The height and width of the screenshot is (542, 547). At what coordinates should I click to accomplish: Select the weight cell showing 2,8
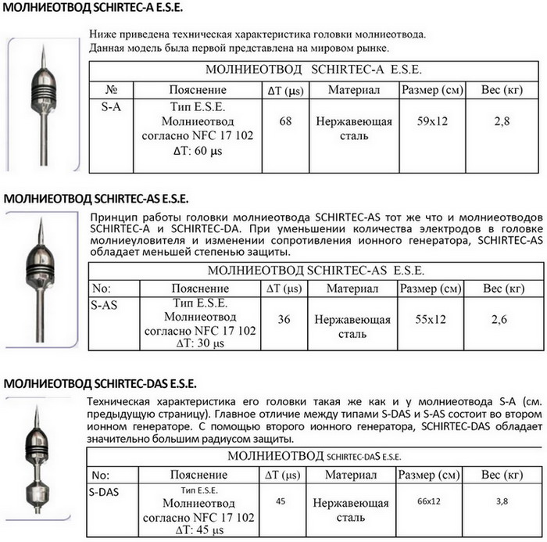tap(500, 122)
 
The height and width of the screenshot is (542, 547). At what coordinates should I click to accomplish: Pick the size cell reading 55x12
tap(430, 319)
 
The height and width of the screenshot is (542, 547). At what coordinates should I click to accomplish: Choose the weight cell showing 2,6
tap(500, 319)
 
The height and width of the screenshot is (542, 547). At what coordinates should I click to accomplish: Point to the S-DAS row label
tap(108, 492)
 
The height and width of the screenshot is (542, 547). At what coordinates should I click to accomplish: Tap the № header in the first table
tap(111, 91)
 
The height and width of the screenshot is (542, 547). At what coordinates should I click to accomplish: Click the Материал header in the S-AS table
tap(352, 289)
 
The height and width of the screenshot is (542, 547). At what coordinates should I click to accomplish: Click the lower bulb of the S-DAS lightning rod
tap(37, 494)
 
